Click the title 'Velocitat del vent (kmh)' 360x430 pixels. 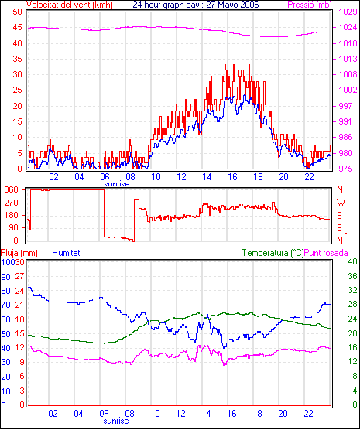point(69,5)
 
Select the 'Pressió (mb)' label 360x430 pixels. point(310,5)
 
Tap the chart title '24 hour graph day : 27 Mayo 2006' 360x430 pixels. point(196,5)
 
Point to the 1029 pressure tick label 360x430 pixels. point(348,12)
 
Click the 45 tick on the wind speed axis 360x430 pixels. point(17,28)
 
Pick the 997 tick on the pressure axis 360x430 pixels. point(345,106)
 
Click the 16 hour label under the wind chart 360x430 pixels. point(232,177)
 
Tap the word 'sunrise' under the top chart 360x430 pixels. point(117,184)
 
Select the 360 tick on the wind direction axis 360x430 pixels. point(12,189)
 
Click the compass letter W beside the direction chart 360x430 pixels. point(341,203)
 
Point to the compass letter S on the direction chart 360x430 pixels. point(339,216)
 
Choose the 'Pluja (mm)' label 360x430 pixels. point(19,253)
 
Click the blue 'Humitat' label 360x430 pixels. point(66,253)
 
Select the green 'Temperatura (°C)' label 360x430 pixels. point(273,253)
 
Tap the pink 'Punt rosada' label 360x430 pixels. point(326,253)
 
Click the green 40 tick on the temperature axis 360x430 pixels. point(352,261)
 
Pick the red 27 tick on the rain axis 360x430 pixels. point(19,276)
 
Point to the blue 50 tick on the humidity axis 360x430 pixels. point(5,334)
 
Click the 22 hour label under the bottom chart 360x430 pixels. point(308,413)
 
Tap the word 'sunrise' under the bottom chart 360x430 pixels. point(116,421)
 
